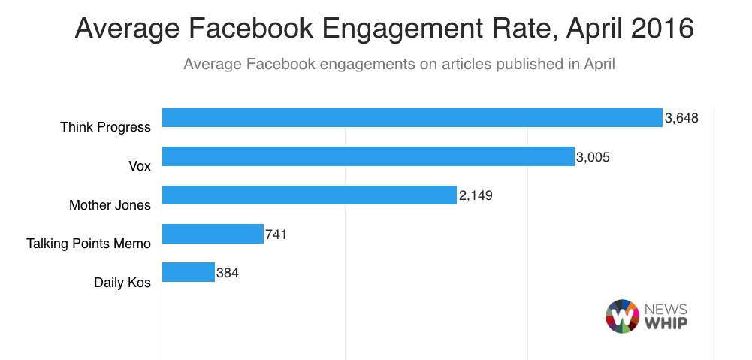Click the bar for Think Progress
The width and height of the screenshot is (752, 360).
tap(412, 118)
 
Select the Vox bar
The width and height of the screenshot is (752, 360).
tap(368, 156)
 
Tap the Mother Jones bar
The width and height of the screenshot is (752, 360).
tap(310, 195)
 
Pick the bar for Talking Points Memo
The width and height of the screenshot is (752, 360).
tap(213, 234)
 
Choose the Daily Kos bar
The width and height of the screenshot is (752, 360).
tap(189, 272)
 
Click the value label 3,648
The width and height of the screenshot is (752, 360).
tap(682, 118)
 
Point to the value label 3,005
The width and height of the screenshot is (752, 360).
tap(593, 157)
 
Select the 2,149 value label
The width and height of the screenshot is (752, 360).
tap(476, 195)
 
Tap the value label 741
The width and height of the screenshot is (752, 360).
tap(276, 234)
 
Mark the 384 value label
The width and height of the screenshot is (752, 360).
tap(227, 273)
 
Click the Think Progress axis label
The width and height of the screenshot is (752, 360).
tap(105, 127)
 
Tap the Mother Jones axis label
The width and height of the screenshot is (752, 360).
tap(110, 204)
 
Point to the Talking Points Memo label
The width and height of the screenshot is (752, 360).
tap(89, 244)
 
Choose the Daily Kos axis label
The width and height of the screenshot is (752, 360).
tap(122, 283)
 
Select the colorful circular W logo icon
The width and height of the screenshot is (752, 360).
tap(621, 316)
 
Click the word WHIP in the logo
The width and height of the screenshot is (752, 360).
tap(665, 323)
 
